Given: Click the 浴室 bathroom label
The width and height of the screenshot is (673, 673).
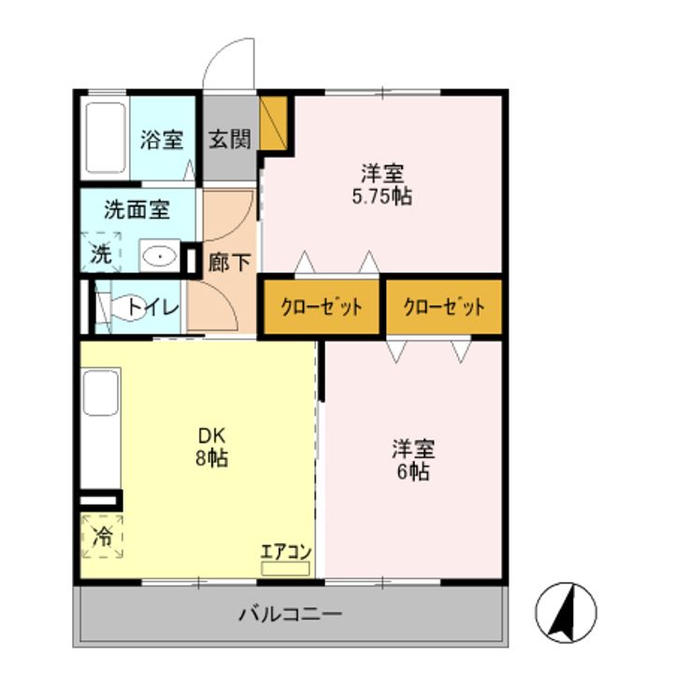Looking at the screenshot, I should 162,141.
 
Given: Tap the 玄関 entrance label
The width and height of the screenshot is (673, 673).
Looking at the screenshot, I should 228,141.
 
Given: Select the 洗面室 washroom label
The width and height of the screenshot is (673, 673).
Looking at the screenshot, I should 136,208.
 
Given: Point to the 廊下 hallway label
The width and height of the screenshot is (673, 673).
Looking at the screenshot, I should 229,263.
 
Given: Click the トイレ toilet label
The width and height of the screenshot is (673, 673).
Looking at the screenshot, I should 149,306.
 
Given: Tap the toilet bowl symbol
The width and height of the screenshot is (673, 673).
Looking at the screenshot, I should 122,308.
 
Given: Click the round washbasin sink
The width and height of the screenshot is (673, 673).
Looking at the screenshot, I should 161,254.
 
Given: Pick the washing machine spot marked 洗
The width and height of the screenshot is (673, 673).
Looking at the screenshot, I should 100,252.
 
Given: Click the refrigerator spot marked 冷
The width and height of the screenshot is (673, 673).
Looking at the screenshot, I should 102,537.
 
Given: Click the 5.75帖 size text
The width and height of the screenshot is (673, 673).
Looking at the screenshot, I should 382,197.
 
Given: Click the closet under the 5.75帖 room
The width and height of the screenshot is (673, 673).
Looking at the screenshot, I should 322,307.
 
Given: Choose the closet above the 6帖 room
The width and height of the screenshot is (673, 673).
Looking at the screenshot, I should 444,307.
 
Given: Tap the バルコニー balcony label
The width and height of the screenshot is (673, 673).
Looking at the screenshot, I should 291,615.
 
